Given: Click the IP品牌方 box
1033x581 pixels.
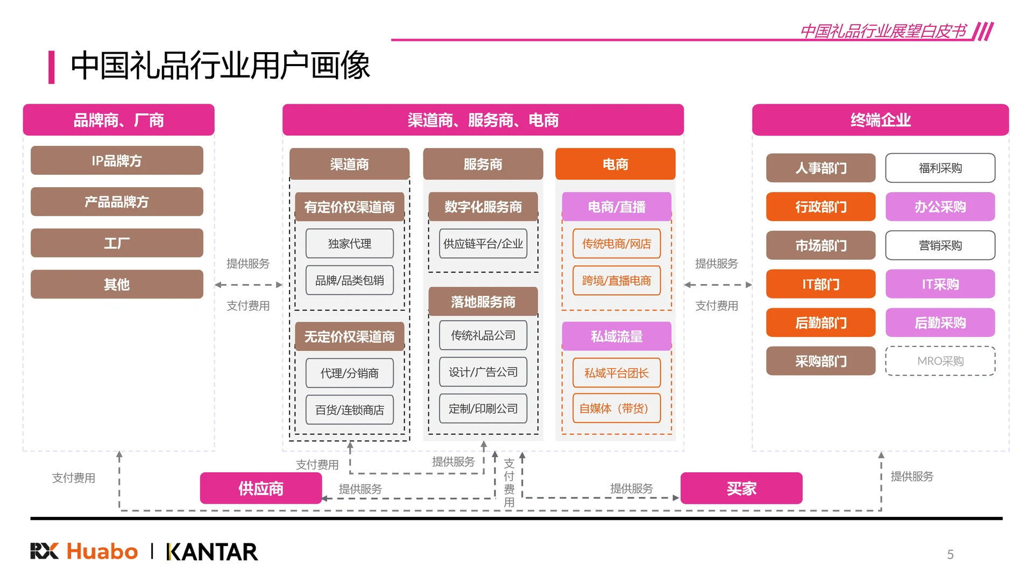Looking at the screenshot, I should [117, 160].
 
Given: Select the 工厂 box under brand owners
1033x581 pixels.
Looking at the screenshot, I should [117, 243].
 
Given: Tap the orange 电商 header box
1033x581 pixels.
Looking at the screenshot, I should [615, 164].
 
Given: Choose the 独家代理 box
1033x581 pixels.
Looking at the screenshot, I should [350, 244].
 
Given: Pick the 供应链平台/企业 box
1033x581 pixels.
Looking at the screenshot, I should [483, 244].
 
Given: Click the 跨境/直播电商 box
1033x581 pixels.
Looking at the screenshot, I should [617, 280].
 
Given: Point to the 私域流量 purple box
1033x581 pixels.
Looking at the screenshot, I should [617, 336].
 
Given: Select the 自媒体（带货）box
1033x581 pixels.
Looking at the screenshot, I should [617, 408].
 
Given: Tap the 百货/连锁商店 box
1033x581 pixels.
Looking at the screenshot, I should [350, 410].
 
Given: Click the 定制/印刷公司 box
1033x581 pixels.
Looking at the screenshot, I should [483, 408].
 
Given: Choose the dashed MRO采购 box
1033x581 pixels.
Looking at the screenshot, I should [940, 361].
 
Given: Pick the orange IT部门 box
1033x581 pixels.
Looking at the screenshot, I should [820, 284].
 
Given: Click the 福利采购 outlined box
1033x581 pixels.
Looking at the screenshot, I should [940, 168].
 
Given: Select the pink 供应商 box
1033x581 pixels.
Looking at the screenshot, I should [261, 488].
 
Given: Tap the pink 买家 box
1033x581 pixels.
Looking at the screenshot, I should [741, 488].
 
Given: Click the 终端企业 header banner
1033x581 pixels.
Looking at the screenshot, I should [880, 120].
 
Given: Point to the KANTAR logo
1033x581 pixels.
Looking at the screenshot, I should [212, 552].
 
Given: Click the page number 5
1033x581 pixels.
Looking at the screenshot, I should [950, 555].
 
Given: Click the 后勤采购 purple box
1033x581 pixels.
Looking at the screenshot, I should [940, 323].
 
